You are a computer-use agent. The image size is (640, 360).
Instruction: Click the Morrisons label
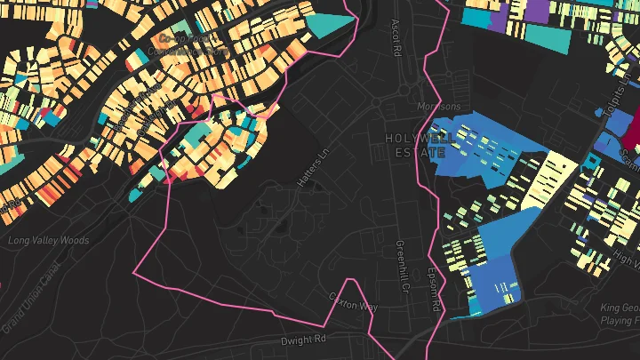coord(439,107)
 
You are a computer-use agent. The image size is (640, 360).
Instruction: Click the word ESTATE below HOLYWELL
coord(414,153)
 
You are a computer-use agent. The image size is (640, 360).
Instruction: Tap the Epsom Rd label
coord(434,289)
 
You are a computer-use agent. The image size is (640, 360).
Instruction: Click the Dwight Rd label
coord(304,340)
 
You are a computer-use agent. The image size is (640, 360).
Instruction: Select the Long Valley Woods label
coord(48,241)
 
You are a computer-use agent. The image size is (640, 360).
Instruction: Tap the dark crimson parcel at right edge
coord(632,133)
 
